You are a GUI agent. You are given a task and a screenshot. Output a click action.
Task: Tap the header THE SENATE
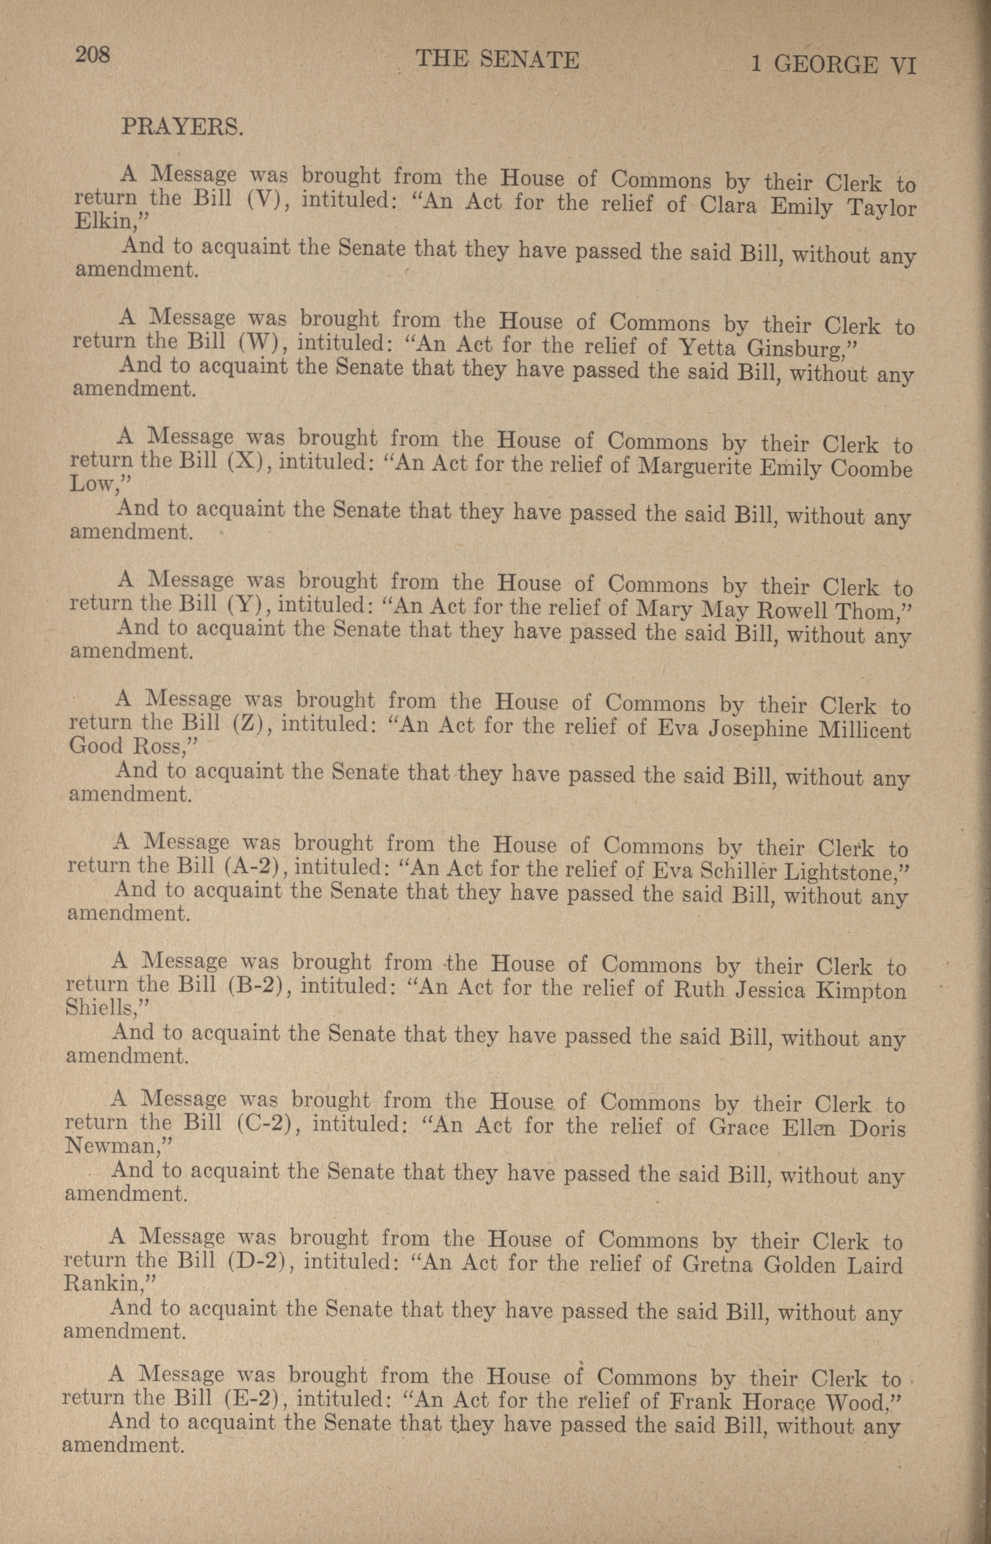[x=497, y=60]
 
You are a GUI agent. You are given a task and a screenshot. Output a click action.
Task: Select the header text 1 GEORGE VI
[x=833, y=65]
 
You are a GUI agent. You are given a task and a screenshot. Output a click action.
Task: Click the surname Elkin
[x=110, y=221]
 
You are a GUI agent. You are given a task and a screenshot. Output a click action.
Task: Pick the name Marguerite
[x=694, y=466]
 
